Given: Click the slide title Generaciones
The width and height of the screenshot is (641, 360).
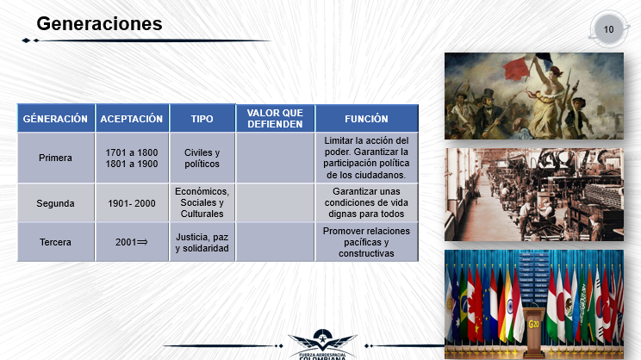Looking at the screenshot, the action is [99, 24].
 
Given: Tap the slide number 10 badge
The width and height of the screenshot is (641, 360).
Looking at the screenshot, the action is [609, 29].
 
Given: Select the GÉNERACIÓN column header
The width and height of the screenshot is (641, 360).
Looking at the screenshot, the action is [55, 119].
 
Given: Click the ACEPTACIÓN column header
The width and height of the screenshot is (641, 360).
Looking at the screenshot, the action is [132, 119].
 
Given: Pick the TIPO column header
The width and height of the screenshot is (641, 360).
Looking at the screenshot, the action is [202, 119].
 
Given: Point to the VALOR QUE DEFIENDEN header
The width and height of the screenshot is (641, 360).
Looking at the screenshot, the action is [275, 119].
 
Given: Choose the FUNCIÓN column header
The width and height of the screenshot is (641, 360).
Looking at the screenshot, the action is [366, 119].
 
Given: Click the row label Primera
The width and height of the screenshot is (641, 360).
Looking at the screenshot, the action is [55, 158].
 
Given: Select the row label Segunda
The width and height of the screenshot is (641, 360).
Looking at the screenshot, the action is [55, 203].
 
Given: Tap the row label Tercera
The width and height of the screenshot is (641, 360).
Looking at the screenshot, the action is [55, 242].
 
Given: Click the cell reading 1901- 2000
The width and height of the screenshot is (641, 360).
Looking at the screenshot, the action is [132, 203].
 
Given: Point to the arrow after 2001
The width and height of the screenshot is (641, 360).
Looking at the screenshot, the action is [142, 242].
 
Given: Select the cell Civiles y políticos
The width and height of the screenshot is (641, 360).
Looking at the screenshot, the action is [202, 158].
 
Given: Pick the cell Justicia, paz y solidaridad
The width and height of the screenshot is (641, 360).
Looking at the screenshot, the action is [202, 242].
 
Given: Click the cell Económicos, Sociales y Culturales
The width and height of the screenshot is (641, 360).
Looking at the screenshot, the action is [202, 202].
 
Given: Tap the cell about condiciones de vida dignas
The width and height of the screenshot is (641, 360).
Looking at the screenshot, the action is [366, 202].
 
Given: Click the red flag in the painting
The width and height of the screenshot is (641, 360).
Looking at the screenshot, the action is [517, 68].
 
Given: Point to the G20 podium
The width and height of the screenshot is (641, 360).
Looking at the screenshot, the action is [534, 330].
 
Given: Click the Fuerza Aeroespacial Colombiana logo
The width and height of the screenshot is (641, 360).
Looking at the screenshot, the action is [322, 344].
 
